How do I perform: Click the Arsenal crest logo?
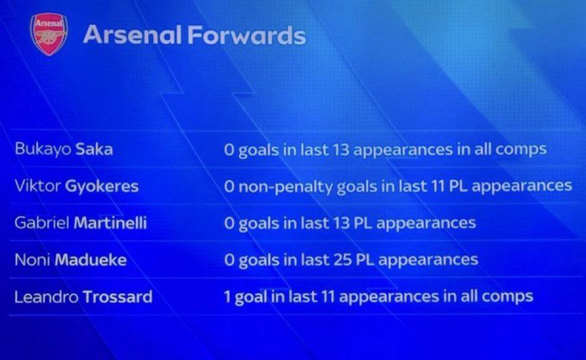[x=49, y=34]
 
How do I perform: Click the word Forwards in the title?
[x=247, y=35]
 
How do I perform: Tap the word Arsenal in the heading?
[x=133, y=35]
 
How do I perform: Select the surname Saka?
[x=94, y=149]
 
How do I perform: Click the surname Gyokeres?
[x=102, y=187]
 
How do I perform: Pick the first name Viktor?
[x=38, y=185]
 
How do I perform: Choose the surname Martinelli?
[x=111, y=223]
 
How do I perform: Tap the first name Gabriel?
[x=42, y=223]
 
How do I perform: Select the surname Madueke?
[x=91, y=260]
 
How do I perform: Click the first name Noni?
[x=33, y=260]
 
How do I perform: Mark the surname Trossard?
[x=117, y=297]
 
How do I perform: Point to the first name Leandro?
[x=46, y=297]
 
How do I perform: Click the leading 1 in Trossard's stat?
[x=227, y=297]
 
